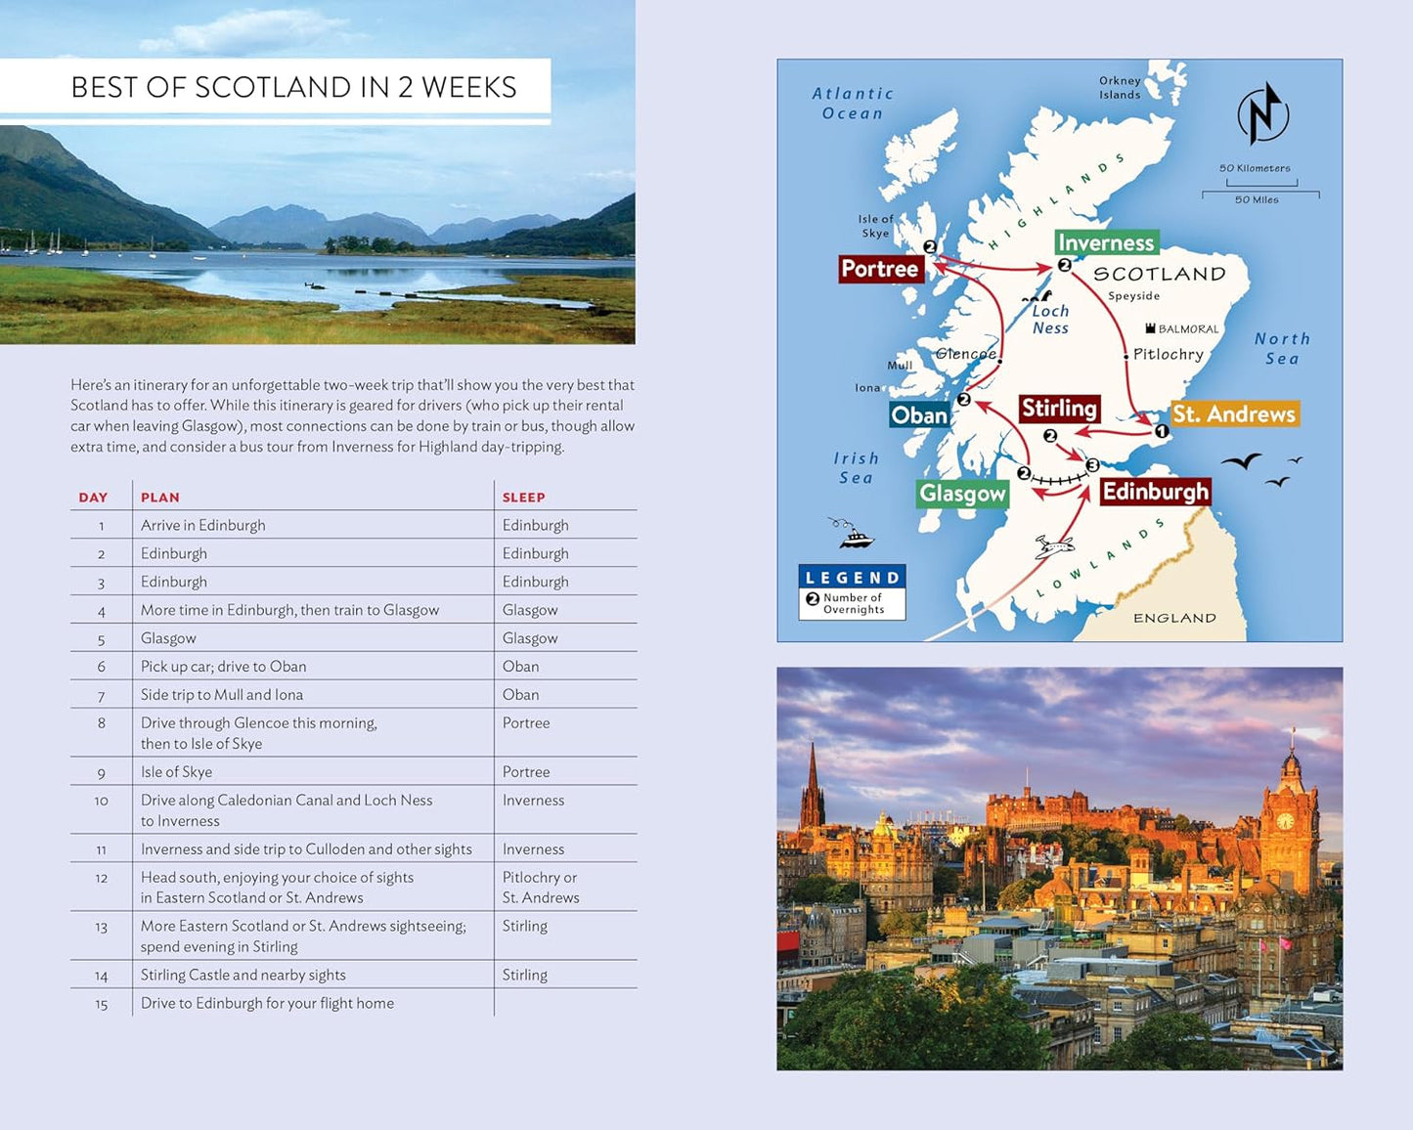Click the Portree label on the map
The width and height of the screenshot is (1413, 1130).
[x=880, y=269]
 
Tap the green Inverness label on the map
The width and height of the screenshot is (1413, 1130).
[x=1106, y=242]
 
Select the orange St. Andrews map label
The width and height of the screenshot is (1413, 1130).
[x=1234, y=414]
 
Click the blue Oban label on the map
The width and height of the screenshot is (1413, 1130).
[x=919, y=415]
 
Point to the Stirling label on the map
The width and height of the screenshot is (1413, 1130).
[x=1059, y=409]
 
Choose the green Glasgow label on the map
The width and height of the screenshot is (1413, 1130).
[x=962, y=494]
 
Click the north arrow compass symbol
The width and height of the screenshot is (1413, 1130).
[x=1263, y=113]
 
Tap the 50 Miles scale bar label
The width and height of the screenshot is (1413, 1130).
[x=1257, y=199]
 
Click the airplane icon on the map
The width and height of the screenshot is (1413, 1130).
[x=1053, y=546]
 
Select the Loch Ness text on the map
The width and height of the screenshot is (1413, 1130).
[x=1050, y=319]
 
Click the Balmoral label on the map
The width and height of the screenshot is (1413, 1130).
[x=1187, y=329]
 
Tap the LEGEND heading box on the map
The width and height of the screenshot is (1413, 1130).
[x=852, y=578]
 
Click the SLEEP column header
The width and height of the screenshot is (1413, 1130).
[x=523, y=498]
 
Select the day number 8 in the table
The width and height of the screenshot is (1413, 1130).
[x=101, y=723]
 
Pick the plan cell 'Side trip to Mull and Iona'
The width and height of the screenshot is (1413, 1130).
[x=222, y=695]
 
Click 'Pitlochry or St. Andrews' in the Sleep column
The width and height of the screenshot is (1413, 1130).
[x=540, y=888]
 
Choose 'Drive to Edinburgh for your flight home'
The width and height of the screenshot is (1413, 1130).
[x=267, y=1003]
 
